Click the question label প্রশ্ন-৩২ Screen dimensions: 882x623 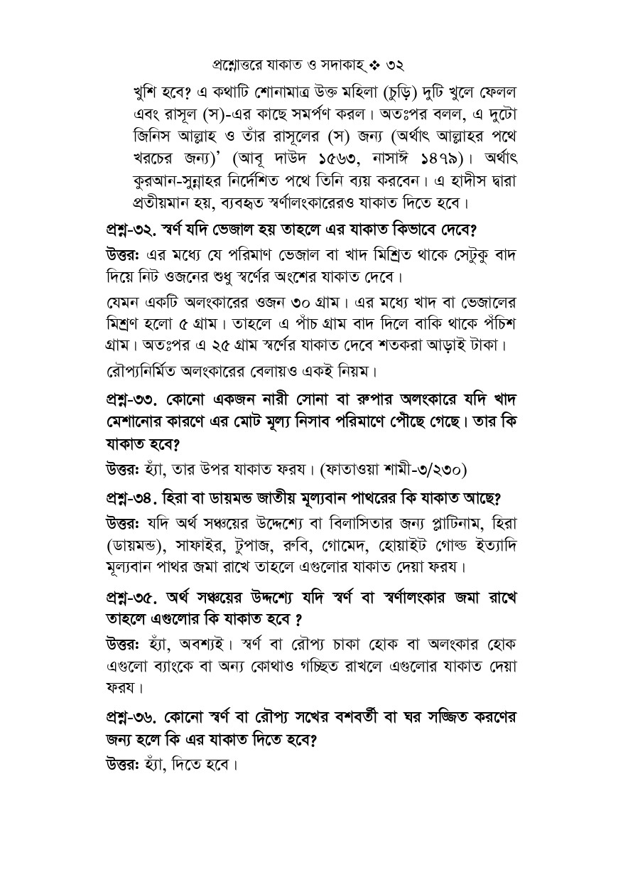coord(126,231)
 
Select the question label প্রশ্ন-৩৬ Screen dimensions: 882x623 coord(126,718)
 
